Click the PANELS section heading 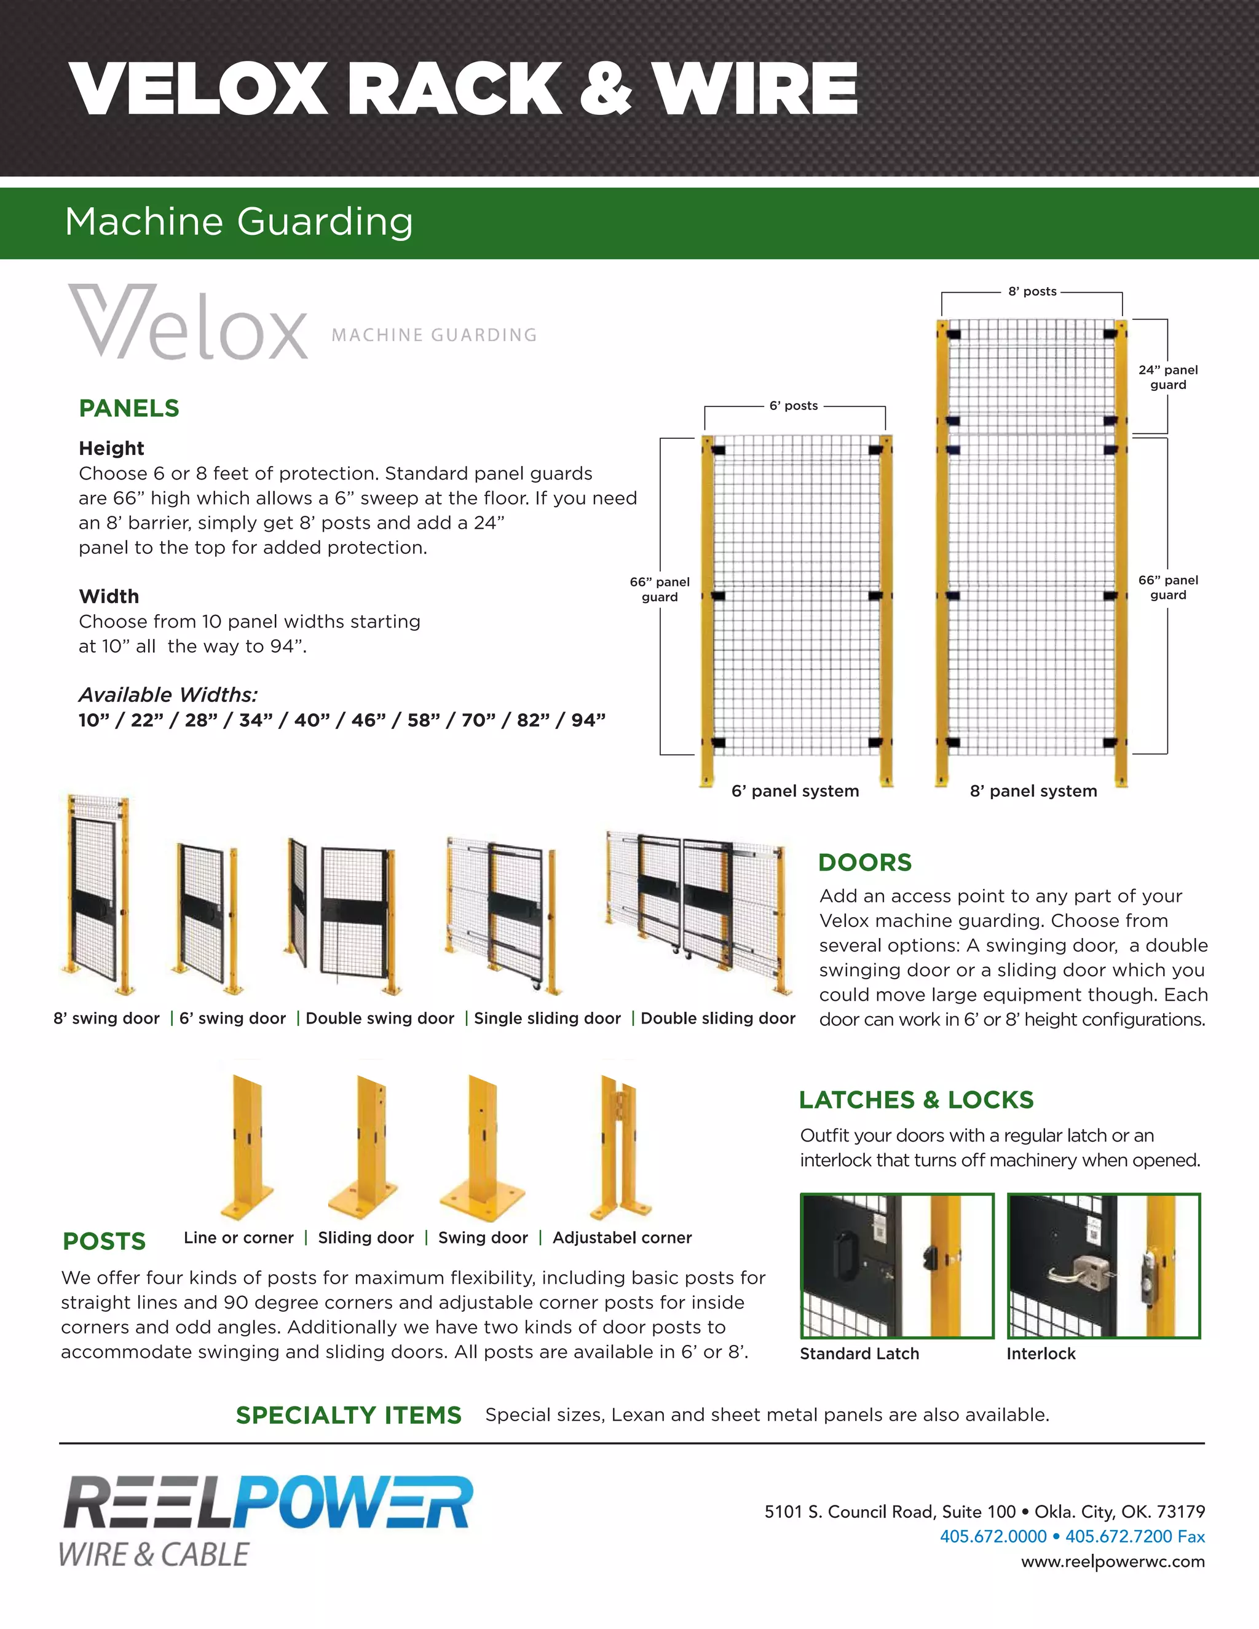pyautogui.click(x=129, y=408)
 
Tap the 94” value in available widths pyautogui.click(x=588, y=720)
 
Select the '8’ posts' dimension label pyautogui.click(x=1032, y=291)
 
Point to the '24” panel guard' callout pyautogui.click(x=1167, y=377)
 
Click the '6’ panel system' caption pyautogui.click(x=795, y=791)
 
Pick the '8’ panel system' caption pyautogui.click(x=1033, y=791)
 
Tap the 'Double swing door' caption pyautogui.click(x=380, y=1018)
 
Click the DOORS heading pyautogui.click(x=864, y=862)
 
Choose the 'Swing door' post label pyautogui.click(x=483, y=1237)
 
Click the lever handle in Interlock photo pyautogui.click(x=1068, y=1272)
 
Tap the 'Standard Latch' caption pyautogui.click(x=859, y=1353)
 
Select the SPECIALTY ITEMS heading pyautogui.click(x=349, y=1415)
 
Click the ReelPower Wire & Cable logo pyautogui.click(x=267, y=1521)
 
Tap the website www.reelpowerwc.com pyautogui.click(x=1112, y=1561)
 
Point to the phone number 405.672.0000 pyautogui.click(x=993, y=1537)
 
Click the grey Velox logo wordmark pyautogui.click(x=189, y=323)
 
